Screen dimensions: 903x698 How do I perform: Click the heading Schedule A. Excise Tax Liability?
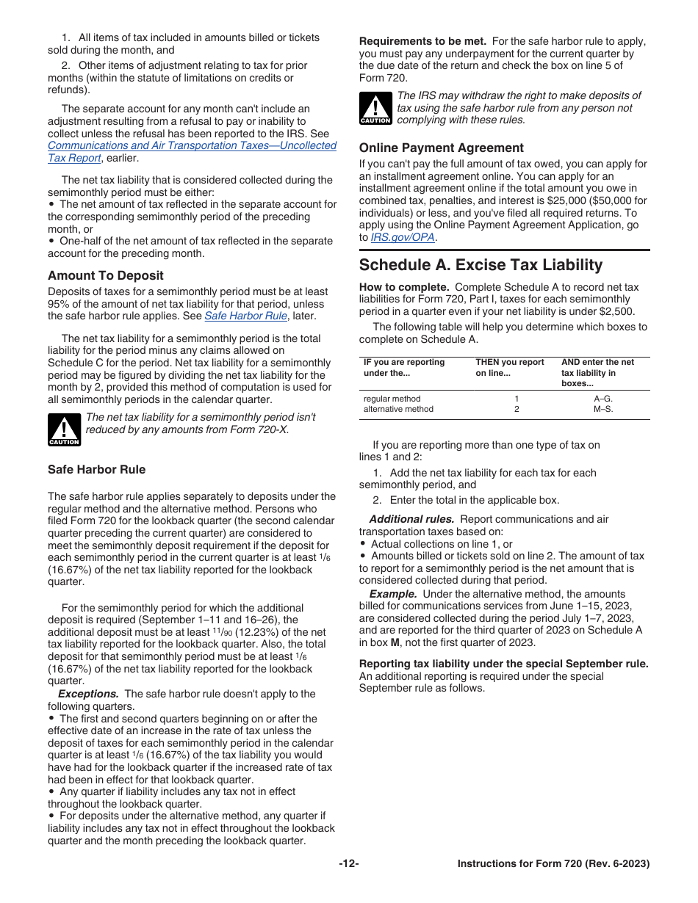[x=481, y=265]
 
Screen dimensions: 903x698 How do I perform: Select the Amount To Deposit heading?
[x=106, y=275]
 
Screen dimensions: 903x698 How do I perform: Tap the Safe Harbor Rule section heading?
[x=96, y=469]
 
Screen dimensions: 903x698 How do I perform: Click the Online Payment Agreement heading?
[x=441, y=148]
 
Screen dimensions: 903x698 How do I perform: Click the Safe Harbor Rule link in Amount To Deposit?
[x=235, y=316]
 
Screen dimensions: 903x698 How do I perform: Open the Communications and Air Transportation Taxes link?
[x=192, y=145]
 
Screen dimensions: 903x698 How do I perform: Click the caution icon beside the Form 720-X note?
[x=64, y=429]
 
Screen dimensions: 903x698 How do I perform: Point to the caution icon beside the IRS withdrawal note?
[x=375, y=109]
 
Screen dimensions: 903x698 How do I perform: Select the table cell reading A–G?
[x=602, y=399]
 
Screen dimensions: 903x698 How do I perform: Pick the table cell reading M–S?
[x=602, y=409]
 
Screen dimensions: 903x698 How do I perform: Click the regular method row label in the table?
[x=392, y=399]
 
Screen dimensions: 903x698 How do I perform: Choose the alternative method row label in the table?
[x=398, y=409]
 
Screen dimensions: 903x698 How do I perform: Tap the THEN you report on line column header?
[x=510, y=367]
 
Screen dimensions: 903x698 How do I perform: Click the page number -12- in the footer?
[x=349, y=864]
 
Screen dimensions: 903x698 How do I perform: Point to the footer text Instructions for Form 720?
[x=553, y=864]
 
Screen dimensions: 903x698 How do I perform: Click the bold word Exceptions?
[x=88, y=694]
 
